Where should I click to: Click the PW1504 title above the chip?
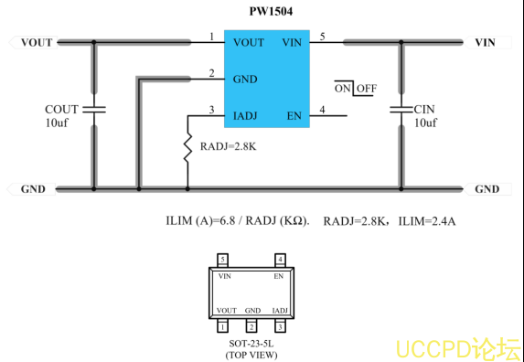[271, 11]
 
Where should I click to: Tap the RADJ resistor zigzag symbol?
[187, 147]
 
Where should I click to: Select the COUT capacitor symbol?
[94, 109]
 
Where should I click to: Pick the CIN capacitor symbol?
[401, 109]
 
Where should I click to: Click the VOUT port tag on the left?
[34, 42]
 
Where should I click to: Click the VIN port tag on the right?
[487, 42]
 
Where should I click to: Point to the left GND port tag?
[31, 189]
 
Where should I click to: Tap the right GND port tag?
[488, 189]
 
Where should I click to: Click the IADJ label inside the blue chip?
[245, 116]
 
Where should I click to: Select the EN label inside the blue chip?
[294, 116]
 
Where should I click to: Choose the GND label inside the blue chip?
[245, 80]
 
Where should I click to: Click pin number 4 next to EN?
[322, 110]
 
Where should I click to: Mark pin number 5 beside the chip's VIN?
[322, 37]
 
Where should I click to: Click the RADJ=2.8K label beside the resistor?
[229, 146]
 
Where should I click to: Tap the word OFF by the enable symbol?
[367, 89]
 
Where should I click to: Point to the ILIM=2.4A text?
[427, 221]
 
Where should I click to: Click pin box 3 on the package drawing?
[280, 326]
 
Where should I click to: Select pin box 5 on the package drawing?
[223, 260]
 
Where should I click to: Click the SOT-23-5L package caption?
[251, 344]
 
